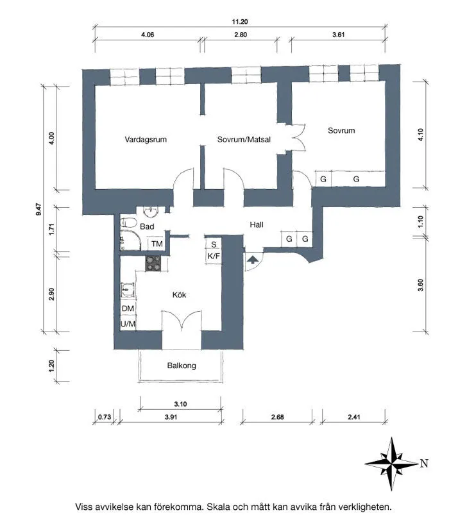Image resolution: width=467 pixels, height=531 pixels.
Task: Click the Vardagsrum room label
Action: click(x=146, y=140)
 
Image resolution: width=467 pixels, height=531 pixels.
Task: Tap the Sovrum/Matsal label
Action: click(x=244, y=139)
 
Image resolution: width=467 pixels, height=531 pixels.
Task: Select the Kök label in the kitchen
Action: click(x=179, y=294)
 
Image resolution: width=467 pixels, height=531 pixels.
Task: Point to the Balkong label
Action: click(x=182, y=366)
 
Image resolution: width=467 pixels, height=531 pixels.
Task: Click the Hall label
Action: click(x=257, y=224)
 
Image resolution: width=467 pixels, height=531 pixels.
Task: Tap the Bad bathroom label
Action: click(x=147, y=226)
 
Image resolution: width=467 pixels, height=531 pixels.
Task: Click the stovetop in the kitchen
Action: click(x=153, y=263)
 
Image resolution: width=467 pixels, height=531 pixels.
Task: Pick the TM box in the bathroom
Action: click(x=157, y=244)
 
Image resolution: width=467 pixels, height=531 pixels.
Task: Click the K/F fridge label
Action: click(x=214, y=256)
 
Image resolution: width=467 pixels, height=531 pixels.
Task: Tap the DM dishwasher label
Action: click(x=128, y=308)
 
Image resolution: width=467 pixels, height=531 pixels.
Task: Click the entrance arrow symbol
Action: click(x=253, y=260)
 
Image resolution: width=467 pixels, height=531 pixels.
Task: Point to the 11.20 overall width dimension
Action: click(x=240, y=22)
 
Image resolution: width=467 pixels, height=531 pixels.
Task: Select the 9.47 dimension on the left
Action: click(x=38, y=209)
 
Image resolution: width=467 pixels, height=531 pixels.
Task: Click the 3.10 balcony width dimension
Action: click(x=180, y=404)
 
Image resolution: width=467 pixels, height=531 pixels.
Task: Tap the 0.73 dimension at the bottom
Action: click(x=105, y=417)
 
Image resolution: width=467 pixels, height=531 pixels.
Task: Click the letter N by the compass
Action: click(x=424, y=463)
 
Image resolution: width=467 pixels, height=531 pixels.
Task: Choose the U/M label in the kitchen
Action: click(x=128, y=324)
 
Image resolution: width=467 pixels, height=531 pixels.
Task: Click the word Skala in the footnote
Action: click(x=219, y=507)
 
